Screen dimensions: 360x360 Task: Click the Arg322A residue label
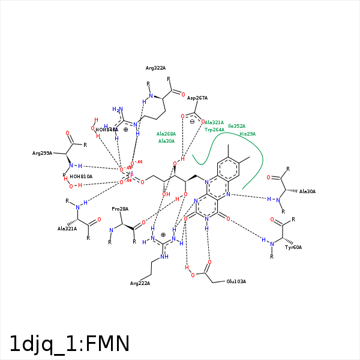(155, 68)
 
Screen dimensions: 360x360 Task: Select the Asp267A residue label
(197, 98)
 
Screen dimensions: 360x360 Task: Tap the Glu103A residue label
(236, 281)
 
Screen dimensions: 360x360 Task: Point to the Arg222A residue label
(140, 283)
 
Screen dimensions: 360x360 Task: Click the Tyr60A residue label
(293, 247)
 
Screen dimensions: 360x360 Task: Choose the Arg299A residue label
(42, 154)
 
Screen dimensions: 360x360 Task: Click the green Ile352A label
(236, 127)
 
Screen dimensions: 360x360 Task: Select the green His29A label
(247, 134)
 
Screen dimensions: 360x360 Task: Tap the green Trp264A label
(214, 130)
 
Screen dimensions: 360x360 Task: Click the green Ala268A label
(166, 134)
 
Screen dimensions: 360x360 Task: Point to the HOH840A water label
(107, 130)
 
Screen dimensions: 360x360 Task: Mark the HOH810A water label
(81, 176)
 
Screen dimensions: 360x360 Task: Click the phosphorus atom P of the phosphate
(131, 176)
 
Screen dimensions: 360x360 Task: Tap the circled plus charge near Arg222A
(163, 235)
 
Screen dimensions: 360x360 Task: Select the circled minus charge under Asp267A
(192, 122)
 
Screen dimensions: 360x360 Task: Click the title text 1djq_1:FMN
(70, 343)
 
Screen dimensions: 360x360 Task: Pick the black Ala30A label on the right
(307, 191)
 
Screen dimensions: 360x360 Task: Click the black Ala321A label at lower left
(67, 229)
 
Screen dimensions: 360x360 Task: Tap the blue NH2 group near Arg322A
(118, 110)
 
